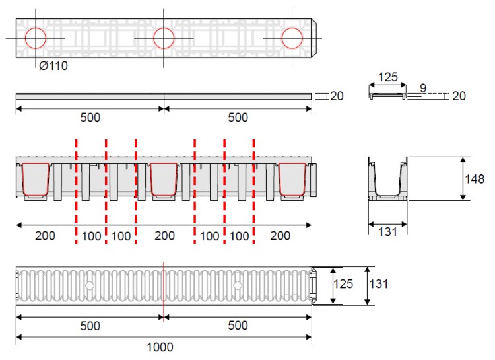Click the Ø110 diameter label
coord(53,66)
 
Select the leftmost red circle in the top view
coord(36,38)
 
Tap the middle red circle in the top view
coord(164,38)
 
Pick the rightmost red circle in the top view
coord(292,38)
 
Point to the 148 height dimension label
coord(475,179)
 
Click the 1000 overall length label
coord(160,347)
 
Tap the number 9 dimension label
coord(423,88)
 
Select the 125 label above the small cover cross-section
coord(387,77)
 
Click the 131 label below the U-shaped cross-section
coord(387,232)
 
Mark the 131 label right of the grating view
coord(379,284)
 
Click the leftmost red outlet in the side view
coord(36,179)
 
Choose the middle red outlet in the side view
coord(164,179)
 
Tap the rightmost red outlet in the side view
coord(292,179)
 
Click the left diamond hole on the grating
coord(90,286)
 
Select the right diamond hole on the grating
coord(238,286)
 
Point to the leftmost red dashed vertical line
coord(76,192)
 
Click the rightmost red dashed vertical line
coord(254,192)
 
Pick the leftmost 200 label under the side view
coord(45,236)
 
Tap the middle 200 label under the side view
coord(164,236)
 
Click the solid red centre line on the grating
coord(164,291)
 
